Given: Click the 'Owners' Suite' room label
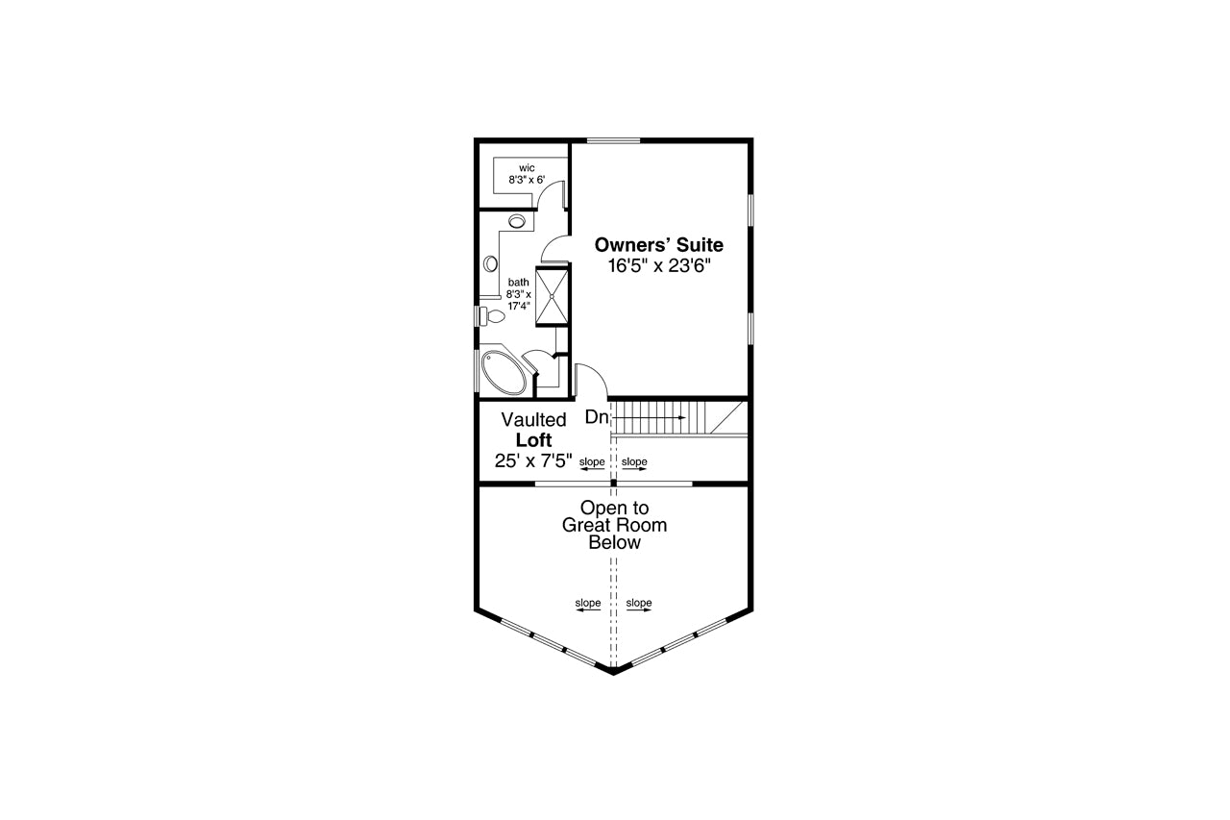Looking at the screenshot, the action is [x=659, y=244].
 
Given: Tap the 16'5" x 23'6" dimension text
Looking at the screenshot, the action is [x=659, y=266].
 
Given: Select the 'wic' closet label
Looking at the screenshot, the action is [x=527, y=168].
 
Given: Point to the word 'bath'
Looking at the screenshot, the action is [x=518, y=283].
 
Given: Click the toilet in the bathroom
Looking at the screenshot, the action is [x=492, y=316].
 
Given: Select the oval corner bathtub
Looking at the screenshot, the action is [x=503, y=372].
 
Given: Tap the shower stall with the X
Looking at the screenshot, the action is [x=552, y=296].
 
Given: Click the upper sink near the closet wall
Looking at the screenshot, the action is [x=517, y=221].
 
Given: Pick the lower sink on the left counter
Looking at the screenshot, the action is [x=490, y=263].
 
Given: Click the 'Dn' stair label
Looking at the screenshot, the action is [x=597, y=417].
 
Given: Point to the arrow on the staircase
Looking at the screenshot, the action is [x=649, y=418].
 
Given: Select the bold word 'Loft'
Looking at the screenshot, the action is [x=533, y=440].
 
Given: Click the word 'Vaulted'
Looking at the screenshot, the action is [x=533, y=419].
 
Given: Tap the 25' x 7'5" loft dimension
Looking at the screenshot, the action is [x=533, y=460].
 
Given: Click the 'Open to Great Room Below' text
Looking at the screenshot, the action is [x=614, y=525].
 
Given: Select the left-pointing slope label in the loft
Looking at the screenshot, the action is [x=592, y=463].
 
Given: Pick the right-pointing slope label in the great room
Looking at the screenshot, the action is [x=639, y=605].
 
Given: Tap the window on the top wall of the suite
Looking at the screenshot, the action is [x=613, y=140].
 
